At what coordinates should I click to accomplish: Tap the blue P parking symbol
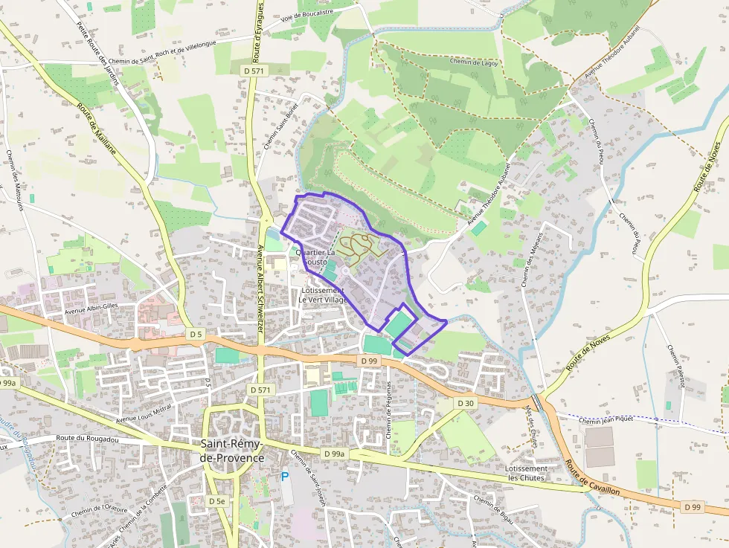coord(285,477)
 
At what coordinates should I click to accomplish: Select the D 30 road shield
coord(466,403)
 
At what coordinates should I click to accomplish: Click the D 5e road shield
coord(216,501)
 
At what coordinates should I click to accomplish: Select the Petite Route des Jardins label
coord(97,52)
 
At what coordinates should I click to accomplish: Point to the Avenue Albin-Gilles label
coord(91,312)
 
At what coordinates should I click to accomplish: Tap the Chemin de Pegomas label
coord(388,410)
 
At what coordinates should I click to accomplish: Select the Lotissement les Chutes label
coord(526,473)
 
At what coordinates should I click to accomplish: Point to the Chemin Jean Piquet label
coord(606,419)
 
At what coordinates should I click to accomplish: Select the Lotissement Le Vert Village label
coord(324,295)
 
